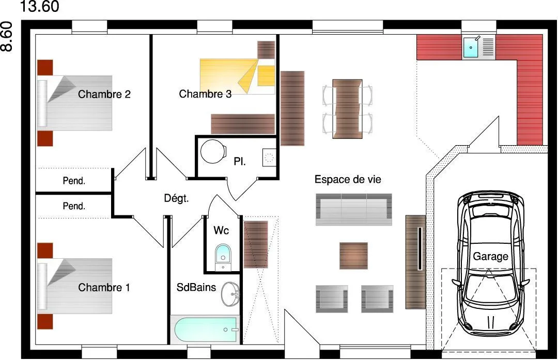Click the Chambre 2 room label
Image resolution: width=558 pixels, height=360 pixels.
pos(104,95)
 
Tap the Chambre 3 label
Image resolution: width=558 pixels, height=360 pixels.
pos(205,94)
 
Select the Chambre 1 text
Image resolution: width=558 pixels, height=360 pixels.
pos(104,287)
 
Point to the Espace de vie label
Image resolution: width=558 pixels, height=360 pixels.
pos(348,179)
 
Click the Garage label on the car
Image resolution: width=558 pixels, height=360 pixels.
pos(490,257)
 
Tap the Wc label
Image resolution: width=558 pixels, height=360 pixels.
pos(221,230)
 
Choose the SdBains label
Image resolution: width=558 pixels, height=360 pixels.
pos(196,287)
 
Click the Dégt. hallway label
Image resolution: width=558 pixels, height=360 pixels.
pos(176,198)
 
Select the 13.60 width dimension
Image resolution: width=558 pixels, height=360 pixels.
pos(39,6)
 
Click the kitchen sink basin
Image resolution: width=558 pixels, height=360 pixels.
pos(471,48)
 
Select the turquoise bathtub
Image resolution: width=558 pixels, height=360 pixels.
pos(205,330)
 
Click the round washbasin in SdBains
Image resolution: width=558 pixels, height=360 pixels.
pos(230,294)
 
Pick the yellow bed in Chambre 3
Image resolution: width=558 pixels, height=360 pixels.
pos(237,76)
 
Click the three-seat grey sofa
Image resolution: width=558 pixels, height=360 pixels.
pos(354,210)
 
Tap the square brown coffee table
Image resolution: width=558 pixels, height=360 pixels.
pos(353,256)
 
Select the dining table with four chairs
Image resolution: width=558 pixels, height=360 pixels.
pos(347,109)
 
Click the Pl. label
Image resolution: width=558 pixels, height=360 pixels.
pos(240,162)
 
